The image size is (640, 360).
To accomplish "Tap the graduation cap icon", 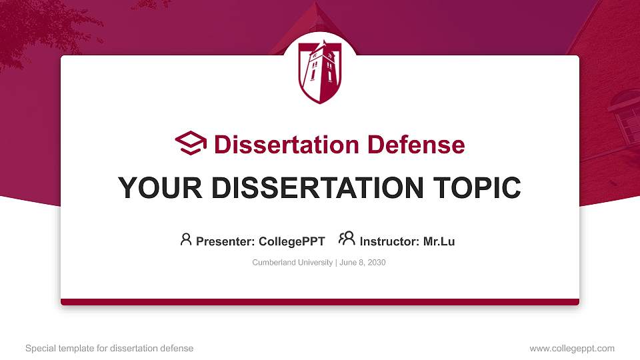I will click(x=191, y=143).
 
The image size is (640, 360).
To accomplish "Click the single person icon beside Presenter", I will click(x=186, y=239).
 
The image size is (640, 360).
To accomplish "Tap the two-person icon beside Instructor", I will click(x=346, y=239).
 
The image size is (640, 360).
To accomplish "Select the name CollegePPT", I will click(x=292, y=241).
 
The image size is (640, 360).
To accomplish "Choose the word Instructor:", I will click(x=390, y=241).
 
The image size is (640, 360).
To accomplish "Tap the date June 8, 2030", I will click(x=363, y=263).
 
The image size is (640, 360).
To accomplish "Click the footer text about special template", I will click(x=109, y=348).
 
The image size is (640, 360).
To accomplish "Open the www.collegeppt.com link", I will click(x=572, y=348).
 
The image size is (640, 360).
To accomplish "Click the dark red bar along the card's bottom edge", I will click(x=320, y=302).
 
